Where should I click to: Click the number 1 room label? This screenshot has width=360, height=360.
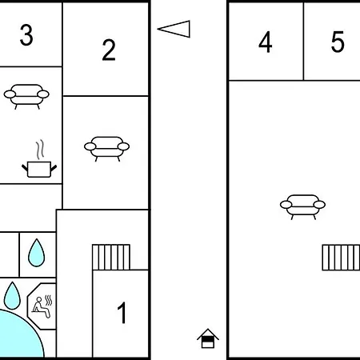tap(122, 313)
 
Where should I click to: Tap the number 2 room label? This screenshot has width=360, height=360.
tap(109, 50)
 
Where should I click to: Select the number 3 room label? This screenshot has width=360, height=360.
tap(26, 35)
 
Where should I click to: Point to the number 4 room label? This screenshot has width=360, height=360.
tap(266, 42)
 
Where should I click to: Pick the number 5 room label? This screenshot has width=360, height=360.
tap(338, 42)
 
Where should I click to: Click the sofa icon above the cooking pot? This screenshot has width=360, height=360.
tap(26, 97)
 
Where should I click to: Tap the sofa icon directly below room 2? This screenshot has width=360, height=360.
tap(106, 149)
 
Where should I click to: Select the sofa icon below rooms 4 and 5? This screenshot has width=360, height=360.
tap(302, 207)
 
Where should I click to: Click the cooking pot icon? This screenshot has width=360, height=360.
tap(39, 170)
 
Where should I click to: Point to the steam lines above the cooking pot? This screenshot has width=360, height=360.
tap(40, 150)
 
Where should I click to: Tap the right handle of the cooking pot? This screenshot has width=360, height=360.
tap(54, 168)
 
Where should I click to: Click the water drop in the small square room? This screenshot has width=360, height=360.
tap(37, 253)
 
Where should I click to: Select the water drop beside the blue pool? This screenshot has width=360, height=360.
tap(12, 295)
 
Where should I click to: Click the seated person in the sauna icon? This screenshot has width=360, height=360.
tap(41, 307)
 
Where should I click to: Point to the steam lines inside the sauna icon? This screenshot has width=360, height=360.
tap(49, 300)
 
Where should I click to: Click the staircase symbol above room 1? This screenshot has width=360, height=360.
tap(111, 258)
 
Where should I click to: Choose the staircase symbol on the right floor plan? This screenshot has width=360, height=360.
tap(341, 258)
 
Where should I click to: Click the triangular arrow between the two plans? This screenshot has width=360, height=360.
tap(174, 29)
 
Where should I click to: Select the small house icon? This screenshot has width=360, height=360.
tap(208, 338)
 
